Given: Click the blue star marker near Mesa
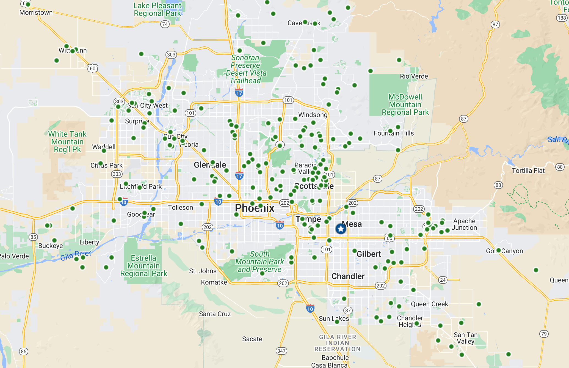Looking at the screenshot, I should (x=341, y=229).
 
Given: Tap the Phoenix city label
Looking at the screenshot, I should (x=255, y=208).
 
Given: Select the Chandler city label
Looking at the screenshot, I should (x=348, y=276).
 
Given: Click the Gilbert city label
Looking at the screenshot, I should (x=369, y=254).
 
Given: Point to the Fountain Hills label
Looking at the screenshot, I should (x=394, y=133).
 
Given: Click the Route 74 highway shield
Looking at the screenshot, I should (x=165, y=24).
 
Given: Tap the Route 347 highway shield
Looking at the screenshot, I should (x=281, y=351).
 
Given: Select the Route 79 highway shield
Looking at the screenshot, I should (x=544, y=334).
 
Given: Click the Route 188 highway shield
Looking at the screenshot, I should (x=562, y=18).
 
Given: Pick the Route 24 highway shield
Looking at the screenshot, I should (x=443, y=280).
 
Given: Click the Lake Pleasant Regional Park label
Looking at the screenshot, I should (x=157, y=9).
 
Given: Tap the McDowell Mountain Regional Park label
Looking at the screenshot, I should (x=405, y=105).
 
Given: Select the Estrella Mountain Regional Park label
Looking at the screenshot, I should (x=143, y=266).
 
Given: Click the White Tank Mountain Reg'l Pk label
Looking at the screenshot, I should (x=67, y=142).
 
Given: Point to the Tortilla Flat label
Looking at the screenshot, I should (x=528, y=171).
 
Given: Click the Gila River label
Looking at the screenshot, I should (x=76, y=256).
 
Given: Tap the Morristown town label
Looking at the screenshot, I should (x=36, y=12).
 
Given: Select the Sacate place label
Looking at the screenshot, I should (x=252, y=339).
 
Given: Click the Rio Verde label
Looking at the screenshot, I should (x=414, y=76).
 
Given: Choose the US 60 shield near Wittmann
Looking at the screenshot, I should (x=93, y=68).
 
